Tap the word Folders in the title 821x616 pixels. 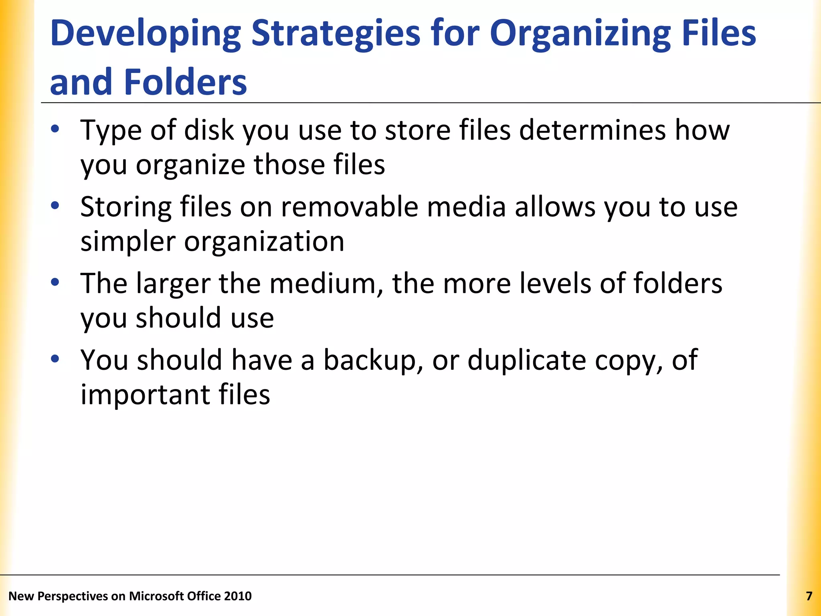(185, 82)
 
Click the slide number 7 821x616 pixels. (809, 596)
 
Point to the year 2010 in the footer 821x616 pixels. (238, 596)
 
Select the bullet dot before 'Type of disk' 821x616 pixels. (55, 129)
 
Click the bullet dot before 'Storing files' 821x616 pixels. (55, 206)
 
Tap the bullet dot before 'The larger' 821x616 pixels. (55, 282)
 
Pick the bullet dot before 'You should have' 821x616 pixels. (55, 359)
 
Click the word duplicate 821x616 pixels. (527, 360)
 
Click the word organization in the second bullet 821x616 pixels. (264, 242)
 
